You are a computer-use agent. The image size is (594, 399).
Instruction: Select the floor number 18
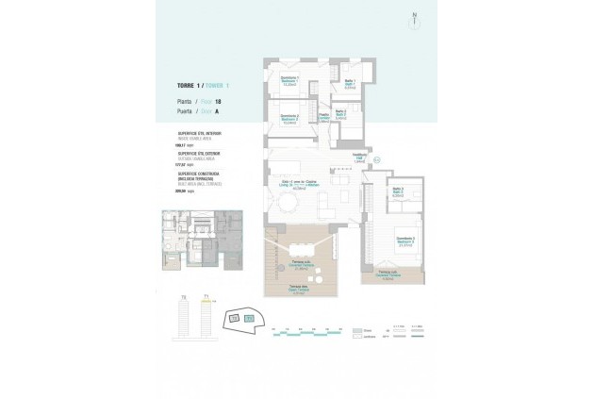pos(219,101)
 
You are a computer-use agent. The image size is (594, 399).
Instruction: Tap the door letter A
pos(216,111)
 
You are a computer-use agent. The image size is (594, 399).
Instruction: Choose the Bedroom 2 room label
pos(290,119)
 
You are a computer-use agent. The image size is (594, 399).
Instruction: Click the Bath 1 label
pos(350,82)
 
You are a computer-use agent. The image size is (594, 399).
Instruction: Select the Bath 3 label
pos(398,192)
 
